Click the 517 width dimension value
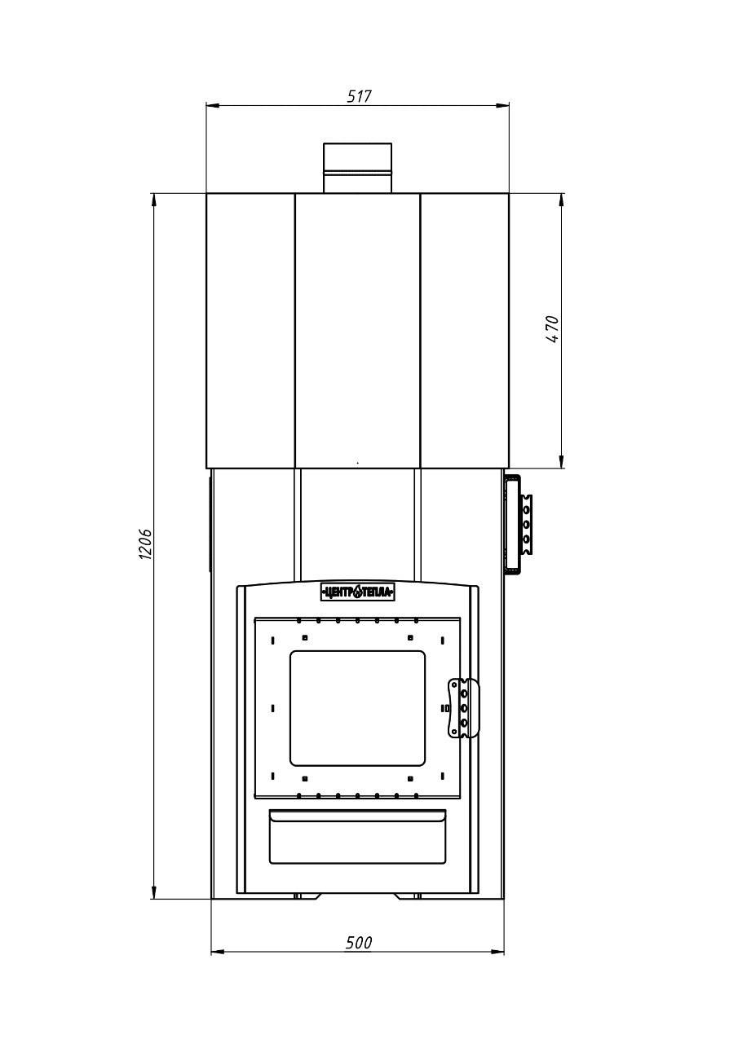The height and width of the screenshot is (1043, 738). [360, 96]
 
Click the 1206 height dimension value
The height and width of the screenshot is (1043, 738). [145, 544]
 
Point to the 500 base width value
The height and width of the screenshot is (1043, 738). [359, 943]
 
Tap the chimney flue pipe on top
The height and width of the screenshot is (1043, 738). [358, 168]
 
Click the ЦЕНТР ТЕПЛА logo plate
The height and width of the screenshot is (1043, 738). [357, 592]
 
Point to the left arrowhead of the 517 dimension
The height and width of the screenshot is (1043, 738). [213, 106]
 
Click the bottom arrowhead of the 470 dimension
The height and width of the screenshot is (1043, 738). [561, 461]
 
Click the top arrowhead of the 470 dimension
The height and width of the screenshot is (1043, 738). [561, 200]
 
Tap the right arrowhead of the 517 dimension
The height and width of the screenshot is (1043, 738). [502, 106]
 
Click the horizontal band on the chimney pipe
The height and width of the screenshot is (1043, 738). [358, 173]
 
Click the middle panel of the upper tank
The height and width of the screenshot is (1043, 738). [358, 331]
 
